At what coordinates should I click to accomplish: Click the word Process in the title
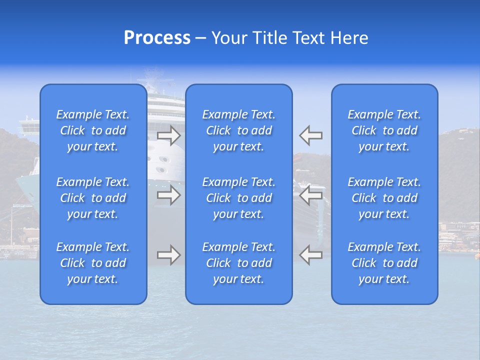(x=157, y=38)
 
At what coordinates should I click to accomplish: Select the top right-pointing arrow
(x=169, y=135)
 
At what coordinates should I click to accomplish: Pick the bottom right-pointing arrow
(x=169, y=255)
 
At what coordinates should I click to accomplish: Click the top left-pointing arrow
(x=310, y=135)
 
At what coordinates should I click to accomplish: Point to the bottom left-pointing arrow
(x=310, y=255)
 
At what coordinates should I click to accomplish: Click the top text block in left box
(x=93, y=130)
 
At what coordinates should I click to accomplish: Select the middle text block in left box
(x=93, y=198)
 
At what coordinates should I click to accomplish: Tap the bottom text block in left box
(x=93, y=263)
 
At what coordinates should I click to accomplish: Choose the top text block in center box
(x=239, y=130)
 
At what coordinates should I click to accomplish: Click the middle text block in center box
(x=239, y=198)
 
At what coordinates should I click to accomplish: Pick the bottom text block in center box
(x=239, y=263)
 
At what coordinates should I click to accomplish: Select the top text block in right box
(x=384, y=130)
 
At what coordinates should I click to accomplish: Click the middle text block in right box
(x=384, y=198)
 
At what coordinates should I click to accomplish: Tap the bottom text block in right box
(x=384, y=263)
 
